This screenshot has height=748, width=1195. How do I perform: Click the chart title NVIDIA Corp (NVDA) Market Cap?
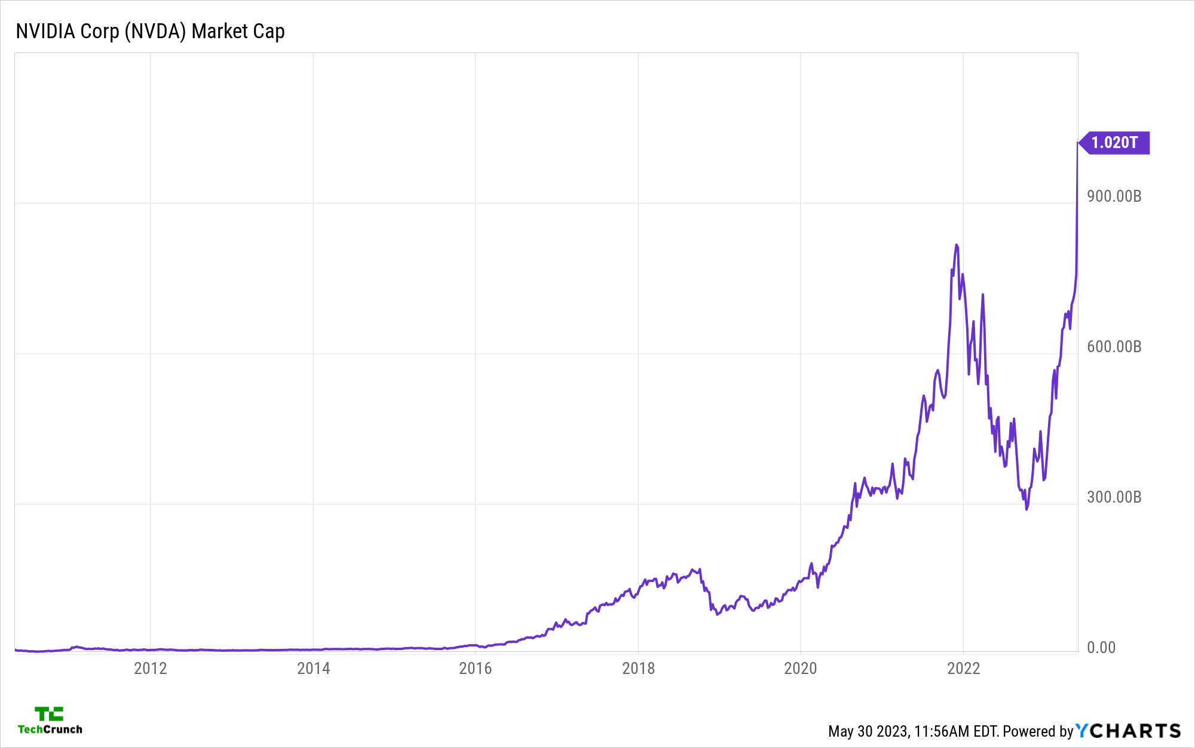point(150,31)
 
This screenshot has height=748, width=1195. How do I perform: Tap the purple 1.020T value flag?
point(1115,143)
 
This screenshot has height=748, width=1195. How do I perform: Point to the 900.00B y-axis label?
point(1114,196)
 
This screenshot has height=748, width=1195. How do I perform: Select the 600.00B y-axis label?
point(1114,347)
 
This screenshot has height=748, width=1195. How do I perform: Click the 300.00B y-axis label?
point(1114,497)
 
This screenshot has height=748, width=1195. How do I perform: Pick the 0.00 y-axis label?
point(1101,648)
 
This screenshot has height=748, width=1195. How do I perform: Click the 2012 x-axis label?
point(151,668)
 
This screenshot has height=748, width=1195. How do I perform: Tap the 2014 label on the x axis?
point(313,668)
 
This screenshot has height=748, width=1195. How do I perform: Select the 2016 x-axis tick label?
point(476,668)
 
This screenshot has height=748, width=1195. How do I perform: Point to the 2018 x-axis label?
point(638,668)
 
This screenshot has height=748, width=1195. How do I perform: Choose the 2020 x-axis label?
point(800,668)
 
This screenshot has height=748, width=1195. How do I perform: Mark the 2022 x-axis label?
point(963,668)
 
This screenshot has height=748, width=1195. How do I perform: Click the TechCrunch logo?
point(50,721)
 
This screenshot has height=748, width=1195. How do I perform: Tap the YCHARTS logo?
point(1128,731)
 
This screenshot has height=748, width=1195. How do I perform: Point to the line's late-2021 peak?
point(956,245)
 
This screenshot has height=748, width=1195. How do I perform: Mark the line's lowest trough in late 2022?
point(1027,509)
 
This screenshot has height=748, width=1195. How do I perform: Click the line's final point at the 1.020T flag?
point(1077,143)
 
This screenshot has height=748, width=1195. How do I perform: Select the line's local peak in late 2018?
point(699,570)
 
